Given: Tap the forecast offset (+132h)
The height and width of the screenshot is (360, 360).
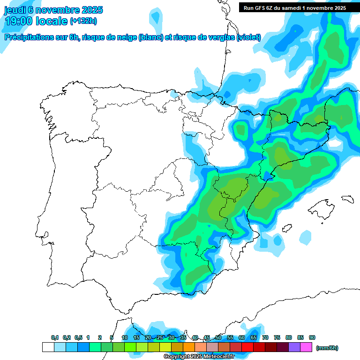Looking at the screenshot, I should pos(83,21).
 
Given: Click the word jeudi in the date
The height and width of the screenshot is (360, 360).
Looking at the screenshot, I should pos(15,10).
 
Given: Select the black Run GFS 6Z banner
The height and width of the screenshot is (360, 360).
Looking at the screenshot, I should pos(295,7).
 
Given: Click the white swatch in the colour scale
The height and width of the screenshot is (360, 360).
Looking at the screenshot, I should pos(48,347).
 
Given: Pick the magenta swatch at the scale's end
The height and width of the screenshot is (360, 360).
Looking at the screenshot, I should pos(306,347).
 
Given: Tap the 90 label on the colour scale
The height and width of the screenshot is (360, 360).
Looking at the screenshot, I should pos(312,337).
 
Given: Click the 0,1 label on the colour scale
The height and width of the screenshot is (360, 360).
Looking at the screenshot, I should pos(55,337).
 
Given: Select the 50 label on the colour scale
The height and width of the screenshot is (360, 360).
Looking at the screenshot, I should pos(218,337).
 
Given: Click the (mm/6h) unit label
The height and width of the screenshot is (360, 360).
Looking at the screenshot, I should pos(327,348).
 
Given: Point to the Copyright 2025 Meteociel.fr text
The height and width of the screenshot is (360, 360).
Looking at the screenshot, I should pos(199,356).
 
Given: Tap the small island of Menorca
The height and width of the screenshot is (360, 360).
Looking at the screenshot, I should pos(347,198).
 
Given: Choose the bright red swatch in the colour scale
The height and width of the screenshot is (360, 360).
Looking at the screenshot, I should pos(247,347).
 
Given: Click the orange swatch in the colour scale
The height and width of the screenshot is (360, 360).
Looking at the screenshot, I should pos(189,347).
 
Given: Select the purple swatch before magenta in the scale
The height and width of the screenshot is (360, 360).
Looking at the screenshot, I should pos(294,347).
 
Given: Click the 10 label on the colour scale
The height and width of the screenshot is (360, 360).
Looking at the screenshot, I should pos(125,337).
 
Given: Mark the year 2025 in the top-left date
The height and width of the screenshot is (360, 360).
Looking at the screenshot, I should pos(91,10).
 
